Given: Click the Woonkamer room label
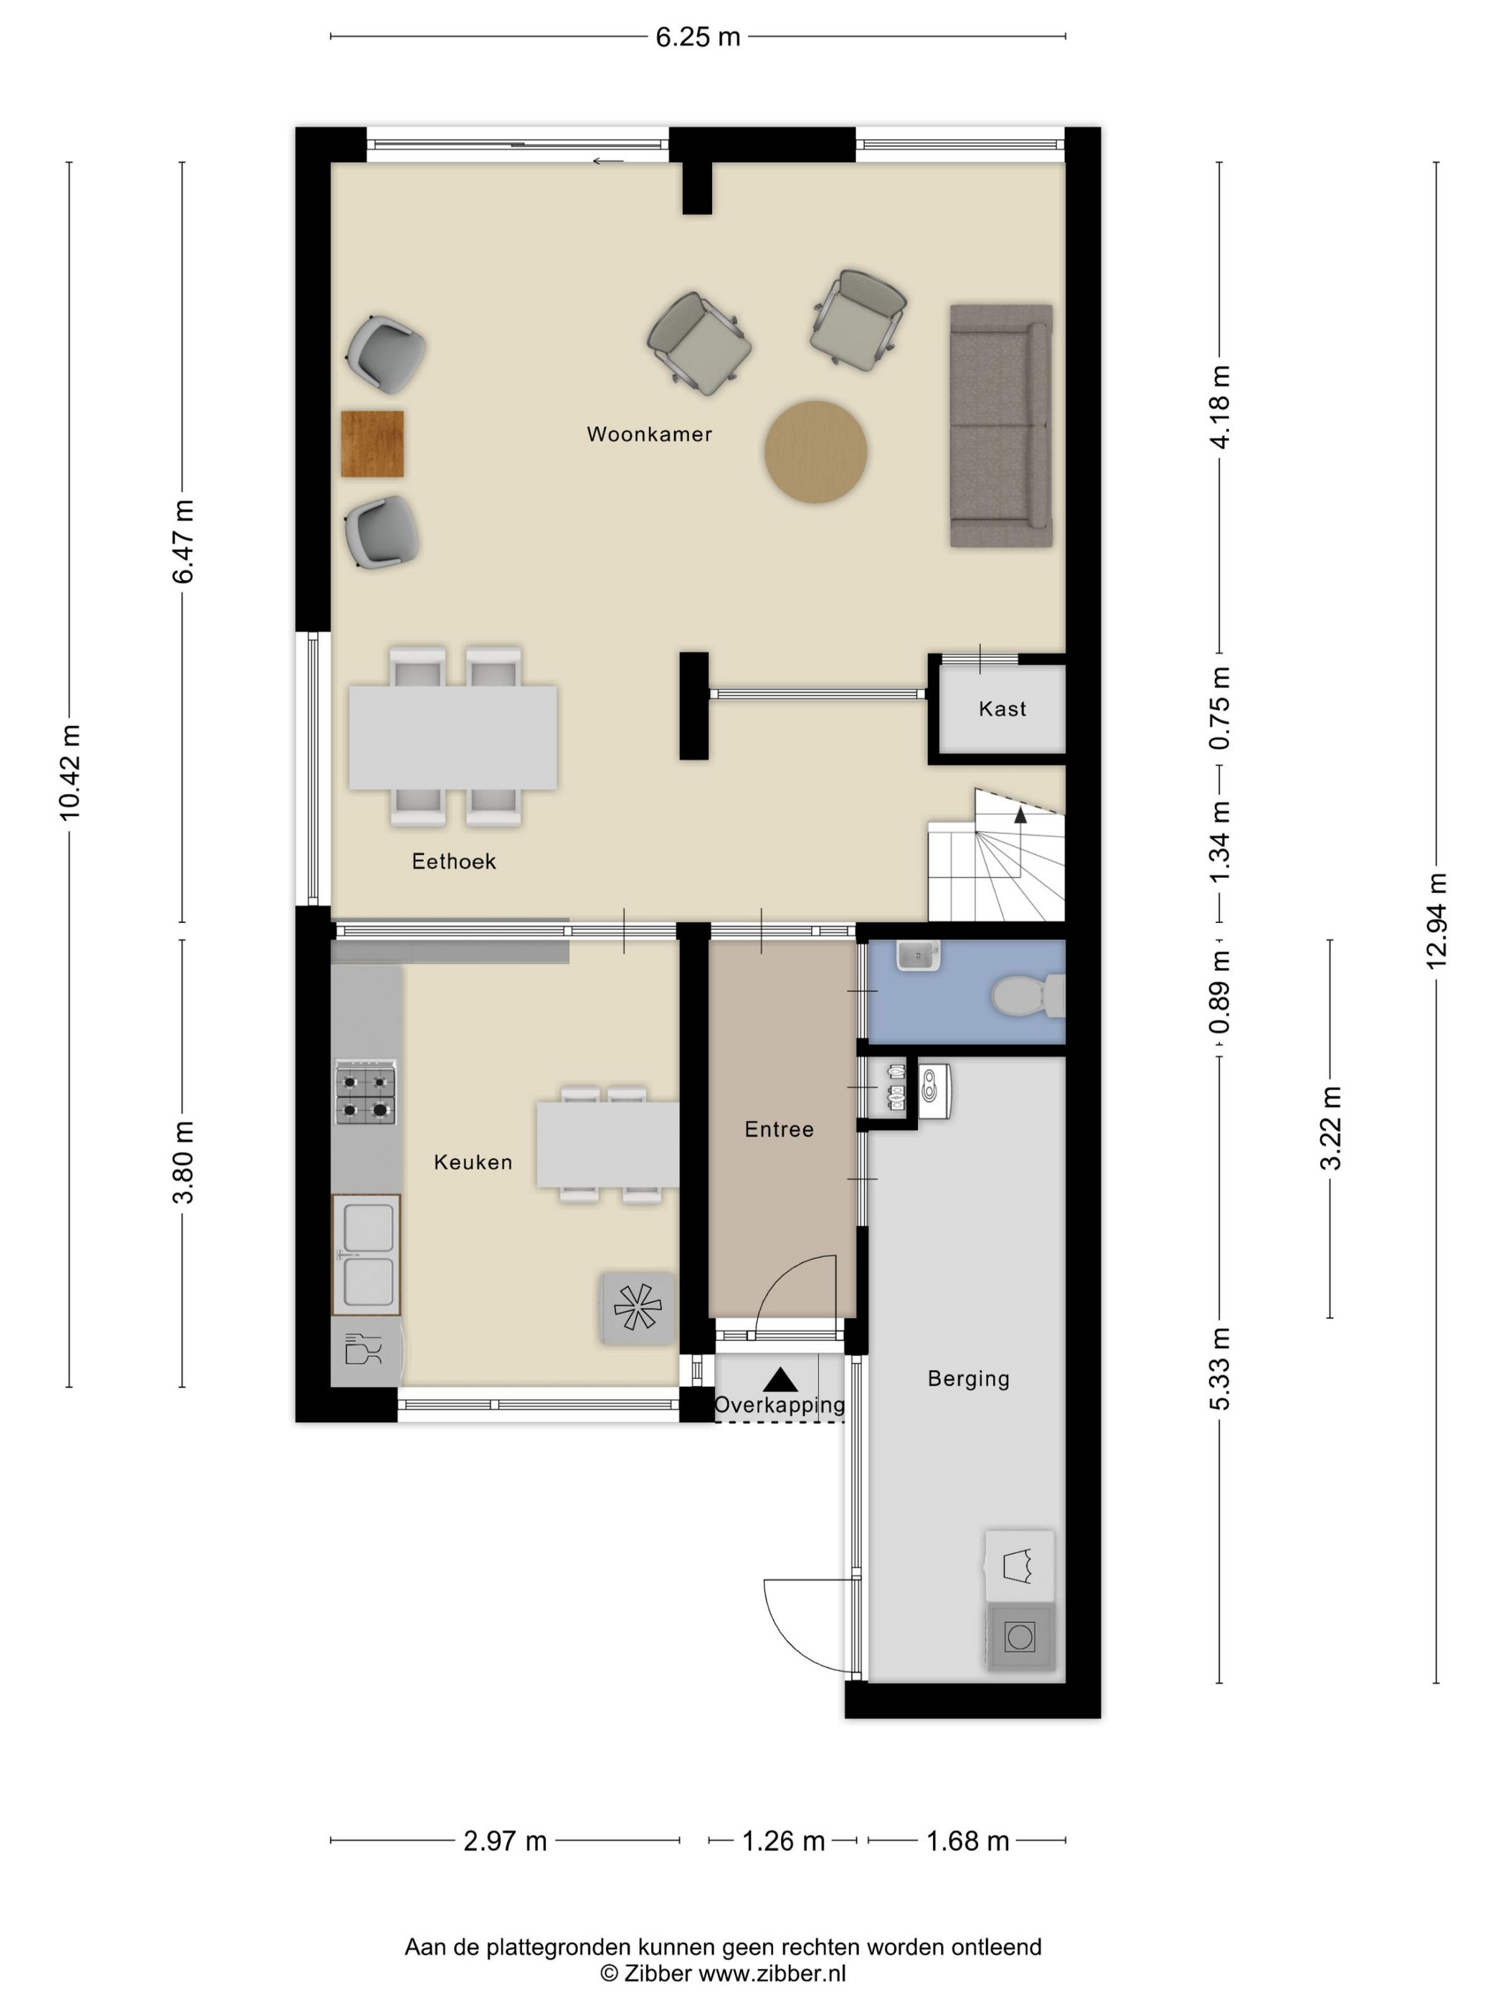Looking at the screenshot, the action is [x=649, y=434].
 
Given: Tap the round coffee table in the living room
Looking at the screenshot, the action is [x=815, y=451].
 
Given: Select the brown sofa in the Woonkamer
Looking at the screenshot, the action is [x=1001, y=426].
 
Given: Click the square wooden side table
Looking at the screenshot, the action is [x=372, y=443].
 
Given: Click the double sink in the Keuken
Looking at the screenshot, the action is [x=366, y=1254].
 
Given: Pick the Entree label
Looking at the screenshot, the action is [x=779, y=1129].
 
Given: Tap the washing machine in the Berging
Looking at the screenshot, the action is [x=1020, y=1637].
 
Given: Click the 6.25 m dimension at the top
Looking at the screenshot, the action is [x=698, y=37].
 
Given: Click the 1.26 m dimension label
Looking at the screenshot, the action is [x=783, y=1841].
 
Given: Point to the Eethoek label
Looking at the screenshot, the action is [x=454, y=861].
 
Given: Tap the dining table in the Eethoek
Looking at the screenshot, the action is [x=453, y=737].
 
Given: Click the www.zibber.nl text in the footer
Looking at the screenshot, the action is [x=772, y=1974].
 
